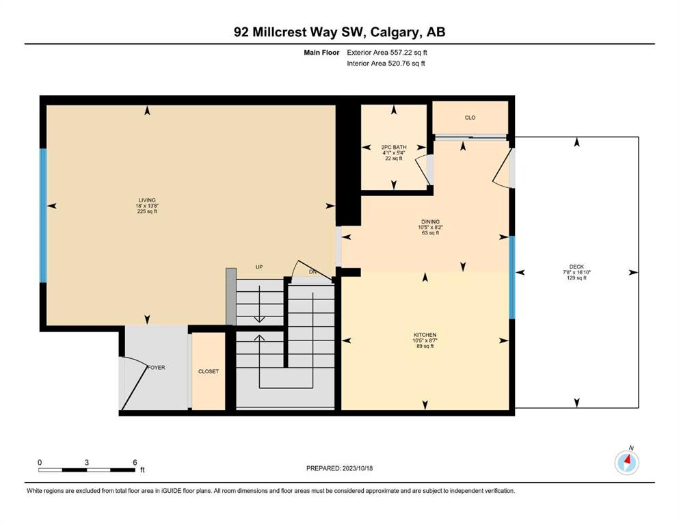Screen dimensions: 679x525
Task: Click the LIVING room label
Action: (x=147, y=200)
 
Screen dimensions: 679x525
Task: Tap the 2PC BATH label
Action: (x=394, y=147)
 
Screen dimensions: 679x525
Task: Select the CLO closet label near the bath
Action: (x=470, y=118)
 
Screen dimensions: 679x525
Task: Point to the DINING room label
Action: (x=430, y=221)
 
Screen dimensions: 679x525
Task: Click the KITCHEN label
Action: (x=425, y=335)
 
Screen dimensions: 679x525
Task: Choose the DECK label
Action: (x=576, y=267)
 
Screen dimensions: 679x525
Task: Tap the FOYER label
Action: (x=157, y=368)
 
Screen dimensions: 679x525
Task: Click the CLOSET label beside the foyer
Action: (x=209, y=371)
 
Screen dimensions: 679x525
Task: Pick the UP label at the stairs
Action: (x=259, y=267)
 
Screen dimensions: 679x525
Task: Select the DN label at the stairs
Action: (x=312, y=272)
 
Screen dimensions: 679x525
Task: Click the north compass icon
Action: (x=627, y=462)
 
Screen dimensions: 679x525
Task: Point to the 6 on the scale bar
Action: (x=135, y=462)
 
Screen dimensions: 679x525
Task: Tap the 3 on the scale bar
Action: (x=87, y=462)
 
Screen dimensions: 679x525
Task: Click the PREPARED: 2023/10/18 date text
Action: (x=339, y=468)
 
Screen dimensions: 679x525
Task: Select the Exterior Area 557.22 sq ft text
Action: (x=387, y=53)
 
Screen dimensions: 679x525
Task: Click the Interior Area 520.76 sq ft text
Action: (x=386, y=63)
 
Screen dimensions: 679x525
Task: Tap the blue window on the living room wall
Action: (x=43, y=215)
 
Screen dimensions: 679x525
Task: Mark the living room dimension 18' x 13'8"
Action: (x=147, y=206)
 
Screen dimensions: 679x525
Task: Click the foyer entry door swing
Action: (x=134, y=383)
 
